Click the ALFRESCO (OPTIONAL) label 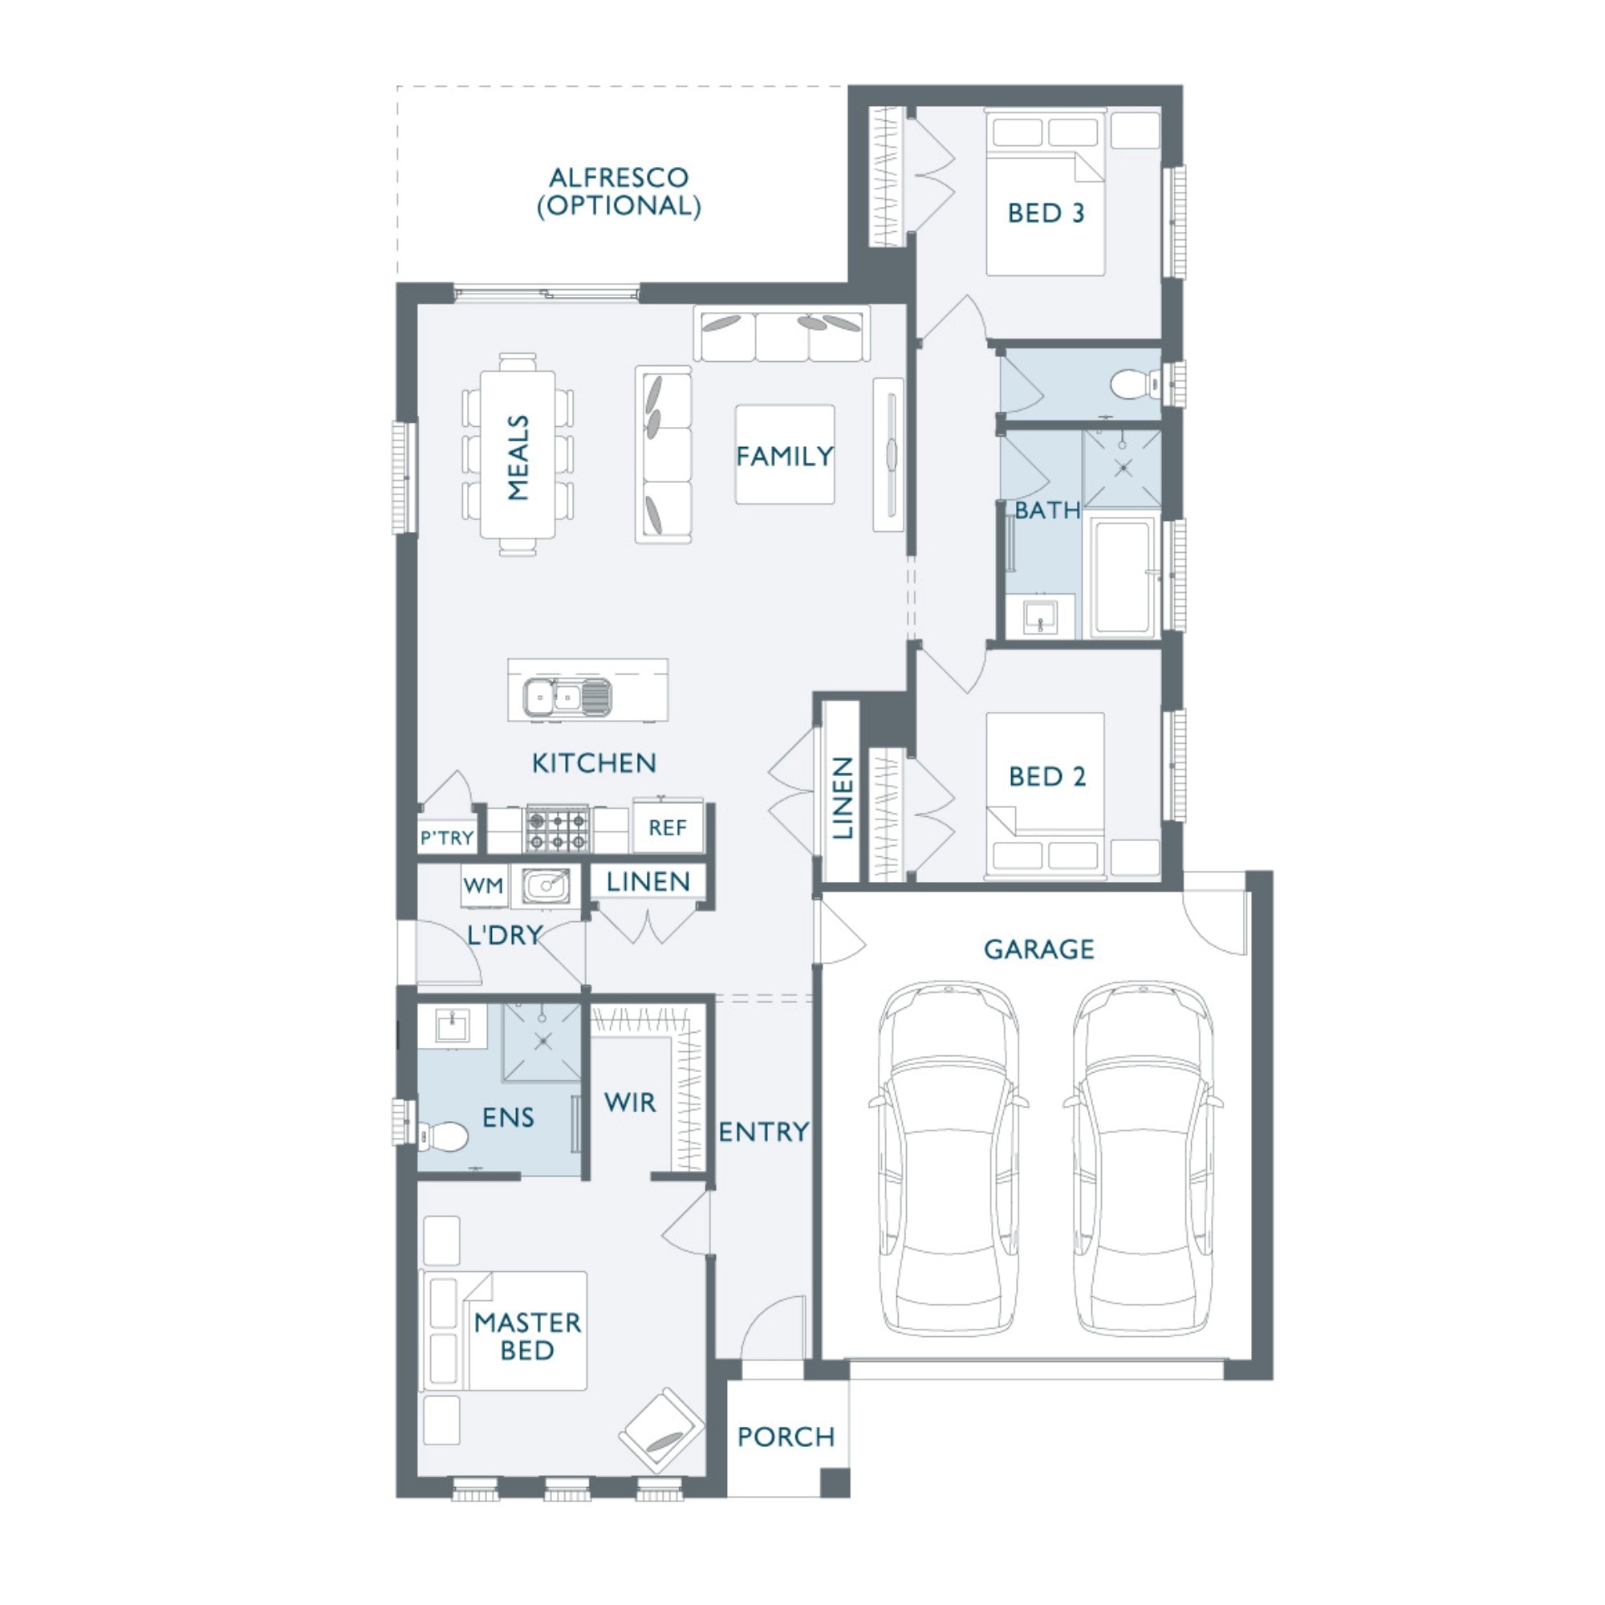(619, 192)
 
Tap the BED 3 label (1046, 213)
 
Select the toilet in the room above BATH (1135, 384)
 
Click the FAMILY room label (784, 456)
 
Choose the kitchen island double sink (567, 695)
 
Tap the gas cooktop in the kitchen (558, 828)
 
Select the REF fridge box (668, 827)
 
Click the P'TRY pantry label (447, 837)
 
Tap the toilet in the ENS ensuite (443, 1136)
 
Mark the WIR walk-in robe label (630, 1103)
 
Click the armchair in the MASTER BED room (661, 1432)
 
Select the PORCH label (786, 1436)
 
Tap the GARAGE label (1038, 949)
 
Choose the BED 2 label (1046, 777)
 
